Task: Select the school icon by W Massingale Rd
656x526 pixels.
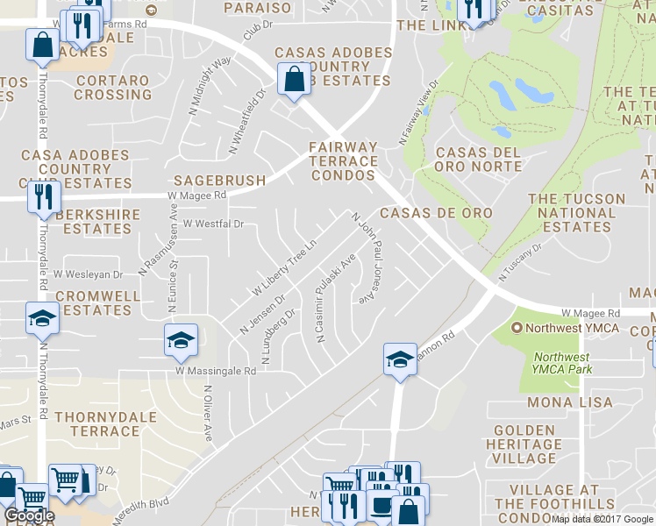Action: pos(181,340)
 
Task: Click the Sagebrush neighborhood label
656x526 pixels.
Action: pos(219,181)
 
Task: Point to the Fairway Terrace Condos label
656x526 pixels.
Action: pos(343,161)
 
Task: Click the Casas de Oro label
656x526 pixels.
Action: pos(436,213)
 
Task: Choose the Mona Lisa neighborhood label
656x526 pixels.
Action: pos(562,402)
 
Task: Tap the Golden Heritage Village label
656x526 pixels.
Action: pos(524,444)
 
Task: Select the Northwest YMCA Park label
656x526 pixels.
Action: pos(562,363)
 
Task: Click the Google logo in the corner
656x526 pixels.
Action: pos(28,515)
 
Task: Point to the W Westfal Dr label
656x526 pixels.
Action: pos(212,224)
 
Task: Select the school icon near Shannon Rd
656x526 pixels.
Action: pos(400,360)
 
